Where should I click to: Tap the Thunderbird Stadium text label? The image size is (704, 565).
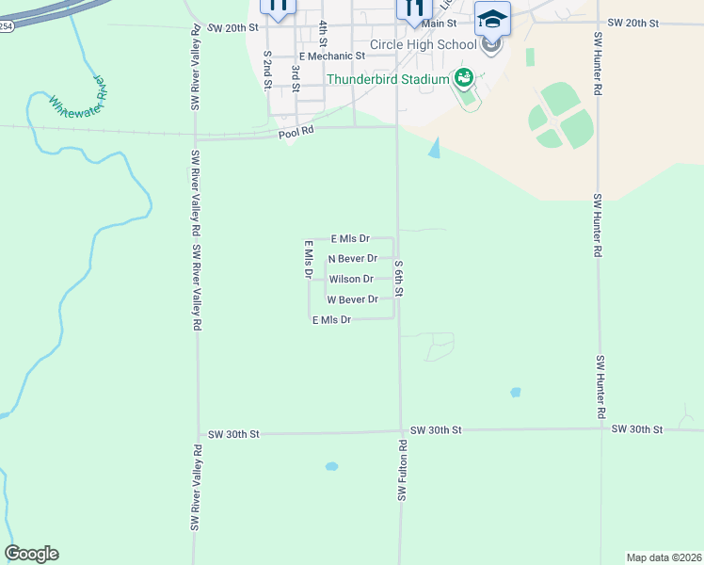(x=388, y=79)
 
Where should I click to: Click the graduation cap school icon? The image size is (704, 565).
(x=492, y=19)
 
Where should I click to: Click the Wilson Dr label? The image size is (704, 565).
(x=351, y=279)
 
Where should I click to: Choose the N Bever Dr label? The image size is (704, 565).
(x=352, y=258)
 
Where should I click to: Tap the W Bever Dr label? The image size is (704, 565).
(x=352, y=299)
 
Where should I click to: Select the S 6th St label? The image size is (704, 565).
(x=399, y=279)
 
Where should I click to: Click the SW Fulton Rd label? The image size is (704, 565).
(x=401, y=470)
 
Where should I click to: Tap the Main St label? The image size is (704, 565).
(x=440, y=23)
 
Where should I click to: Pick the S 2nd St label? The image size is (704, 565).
(x=267, y=71)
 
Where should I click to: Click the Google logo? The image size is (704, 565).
(x=31, y=554)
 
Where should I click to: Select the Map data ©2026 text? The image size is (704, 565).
(x=664, y=557)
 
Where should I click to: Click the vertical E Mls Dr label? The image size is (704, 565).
(x=308, y=260)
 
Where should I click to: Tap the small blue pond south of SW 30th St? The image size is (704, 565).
(x=331, y=466)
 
